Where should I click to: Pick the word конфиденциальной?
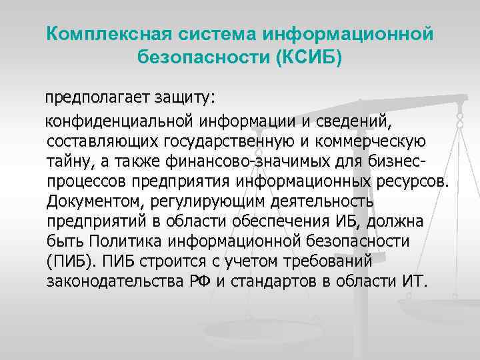coord(119,122)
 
